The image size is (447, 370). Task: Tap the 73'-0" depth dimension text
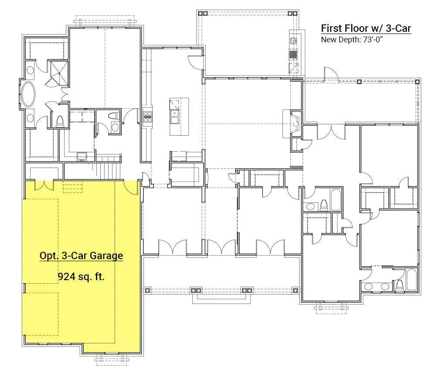(372, 40)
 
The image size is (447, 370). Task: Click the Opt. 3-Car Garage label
(81, 256)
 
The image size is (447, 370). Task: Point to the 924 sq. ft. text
(81, 277)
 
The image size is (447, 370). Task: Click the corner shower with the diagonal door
(59, 73)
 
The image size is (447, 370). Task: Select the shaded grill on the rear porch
(293, 54)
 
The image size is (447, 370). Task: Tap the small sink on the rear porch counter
(293, 41)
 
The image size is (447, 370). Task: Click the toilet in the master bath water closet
(60, 121)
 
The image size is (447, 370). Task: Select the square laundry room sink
(82, 157)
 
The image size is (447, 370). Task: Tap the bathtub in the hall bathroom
(336, 199)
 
